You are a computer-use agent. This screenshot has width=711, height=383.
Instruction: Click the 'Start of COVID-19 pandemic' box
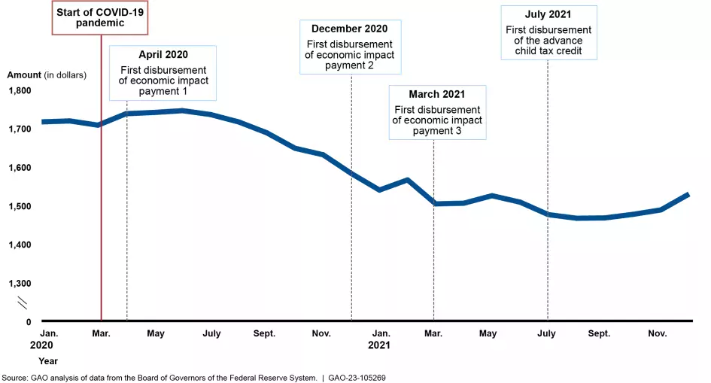[x=100, y=17]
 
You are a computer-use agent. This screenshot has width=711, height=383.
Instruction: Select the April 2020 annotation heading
[x=163, y=55]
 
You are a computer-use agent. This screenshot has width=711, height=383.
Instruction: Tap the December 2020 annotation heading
[x=351, y=29]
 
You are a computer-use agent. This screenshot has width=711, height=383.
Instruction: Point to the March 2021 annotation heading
[x=437, y=94]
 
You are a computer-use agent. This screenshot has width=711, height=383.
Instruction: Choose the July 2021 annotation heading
[x=547, y=14]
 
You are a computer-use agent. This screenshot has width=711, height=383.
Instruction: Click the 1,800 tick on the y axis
[x=20, y=90]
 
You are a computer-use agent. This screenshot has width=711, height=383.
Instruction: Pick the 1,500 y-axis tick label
[x=20, y=206]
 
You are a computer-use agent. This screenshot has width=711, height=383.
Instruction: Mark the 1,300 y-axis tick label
[x=20, y=284]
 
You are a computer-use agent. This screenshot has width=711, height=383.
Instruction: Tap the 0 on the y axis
[x=29, y=322]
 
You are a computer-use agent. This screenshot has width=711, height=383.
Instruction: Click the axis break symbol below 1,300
[x=23, y=303]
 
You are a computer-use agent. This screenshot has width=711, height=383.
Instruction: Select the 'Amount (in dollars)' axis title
[x=47, y=74]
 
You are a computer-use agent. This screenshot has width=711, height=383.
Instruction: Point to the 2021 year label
[x=378, y=346]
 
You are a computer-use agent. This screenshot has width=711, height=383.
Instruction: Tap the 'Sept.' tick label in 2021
[x=599, y=333]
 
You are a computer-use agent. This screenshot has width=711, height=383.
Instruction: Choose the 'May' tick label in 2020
[x=156, y=333]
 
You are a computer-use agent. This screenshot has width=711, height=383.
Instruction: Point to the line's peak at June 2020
[x=182, y=111]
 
